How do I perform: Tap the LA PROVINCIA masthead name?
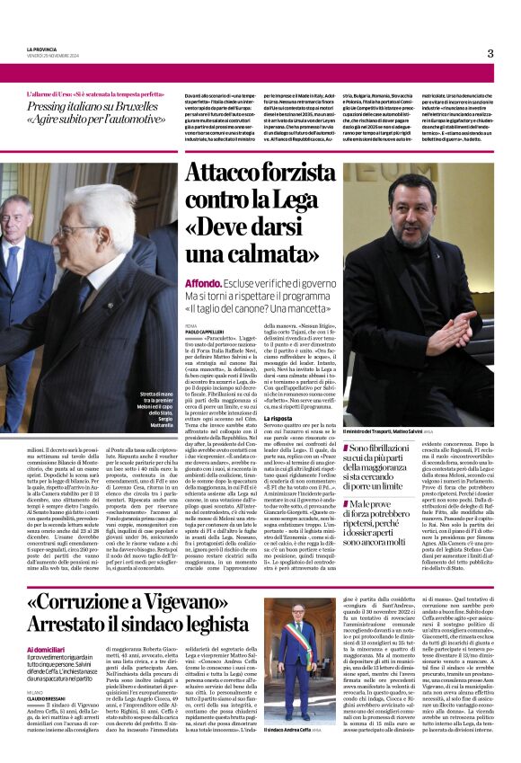(41, 49)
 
